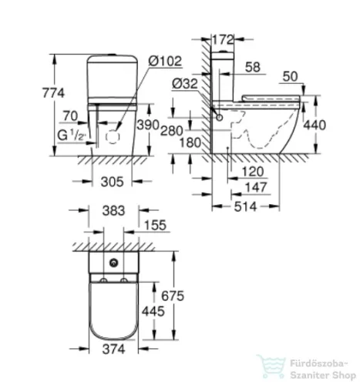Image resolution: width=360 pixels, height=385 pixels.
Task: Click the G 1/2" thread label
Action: tap(65, 136)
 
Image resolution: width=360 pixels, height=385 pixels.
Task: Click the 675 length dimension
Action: tap(177, 293)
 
